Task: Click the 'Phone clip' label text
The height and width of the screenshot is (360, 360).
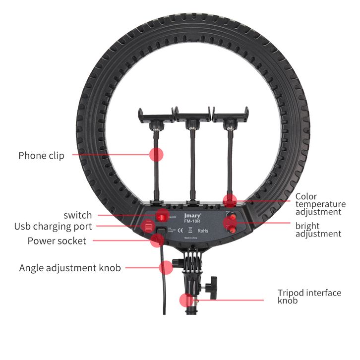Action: tap(41, 156)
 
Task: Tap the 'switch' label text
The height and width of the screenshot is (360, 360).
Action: tap(77, 215)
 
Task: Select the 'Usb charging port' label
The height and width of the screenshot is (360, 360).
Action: tap(53, 227)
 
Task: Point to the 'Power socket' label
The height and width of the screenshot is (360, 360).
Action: tap(57, 241)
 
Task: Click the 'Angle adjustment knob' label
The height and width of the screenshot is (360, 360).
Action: tap(70, 268)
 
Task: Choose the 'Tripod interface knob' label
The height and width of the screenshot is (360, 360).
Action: tap(309, 296)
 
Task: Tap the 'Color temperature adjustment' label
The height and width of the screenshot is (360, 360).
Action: tap(320, 204)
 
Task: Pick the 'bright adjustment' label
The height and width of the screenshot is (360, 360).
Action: tap(318, 230)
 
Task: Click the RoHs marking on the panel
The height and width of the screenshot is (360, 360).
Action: tap(203, 231)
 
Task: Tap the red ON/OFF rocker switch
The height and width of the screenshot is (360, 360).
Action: tap(162, 216)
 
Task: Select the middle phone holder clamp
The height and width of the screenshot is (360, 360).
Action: tap(192, 116)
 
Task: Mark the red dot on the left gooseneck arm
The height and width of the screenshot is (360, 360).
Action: tap(157, 155)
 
